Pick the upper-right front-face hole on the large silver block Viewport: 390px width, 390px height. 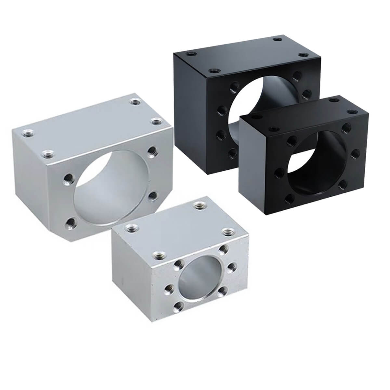[x=151, y=150]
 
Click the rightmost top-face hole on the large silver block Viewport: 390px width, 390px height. [x=157, y=122]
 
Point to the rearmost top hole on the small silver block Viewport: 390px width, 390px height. [x=198, y=205]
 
